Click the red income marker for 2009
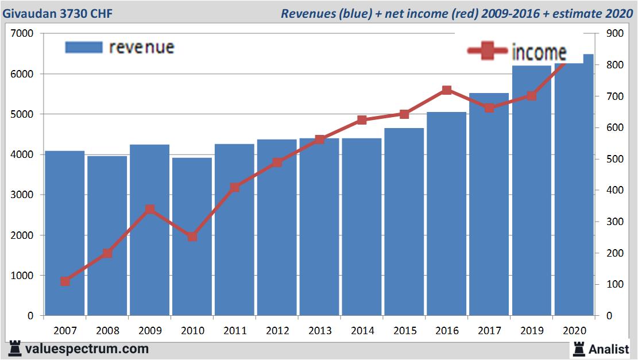pyautogui.click(x=150, y=210)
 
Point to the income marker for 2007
pyautogui.click(x=65, y=281)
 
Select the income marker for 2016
pyautogui.click(x=447, y=90)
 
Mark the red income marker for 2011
pyautogui.click(x=235, y=187)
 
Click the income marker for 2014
pyautogui.click(x=362, y=120)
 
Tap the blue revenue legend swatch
pyautogui.click(x=84, y=47)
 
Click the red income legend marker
pyautogui.click(x=488, y=51)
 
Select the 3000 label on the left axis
pyautogui.click(x=22, y=195)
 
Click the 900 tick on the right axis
pyautogui.click(x=606, y=34)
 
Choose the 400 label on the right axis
pyautogui.click(x=606, y=191)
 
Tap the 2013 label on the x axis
pyautogui.click(x=319, y=331)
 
